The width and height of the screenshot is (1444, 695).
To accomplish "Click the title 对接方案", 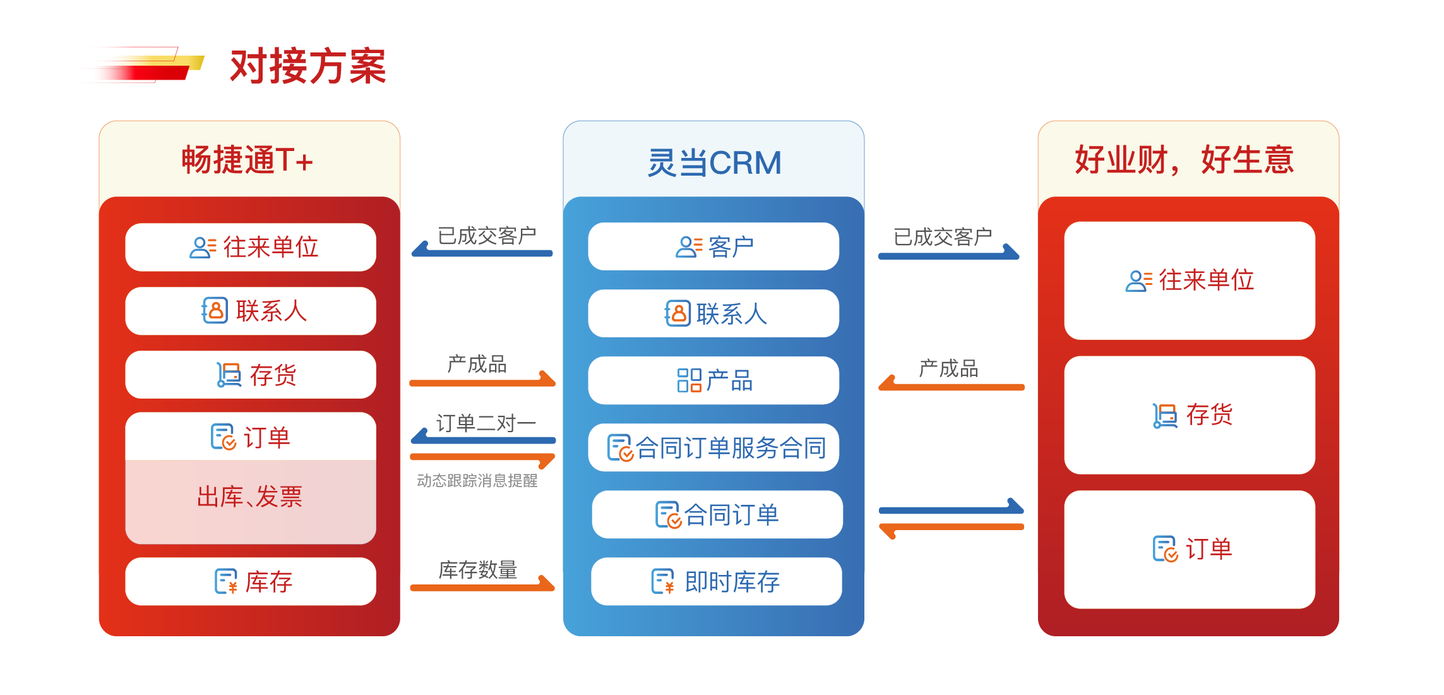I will [x=307, y=66].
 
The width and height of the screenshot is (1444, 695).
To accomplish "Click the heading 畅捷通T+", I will [x=248, y=160].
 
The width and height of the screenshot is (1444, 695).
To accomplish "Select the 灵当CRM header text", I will [x=714, y=163].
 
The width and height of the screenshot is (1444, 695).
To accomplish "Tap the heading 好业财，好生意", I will [x=1184, y=160].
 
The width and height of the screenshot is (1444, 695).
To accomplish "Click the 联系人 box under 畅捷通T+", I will [x=251, y=311].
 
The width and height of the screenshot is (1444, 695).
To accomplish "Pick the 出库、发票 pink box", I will [x=251, y=497].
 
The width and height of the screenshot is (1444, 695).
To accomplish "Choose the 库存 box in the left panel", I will [x=251, y=581].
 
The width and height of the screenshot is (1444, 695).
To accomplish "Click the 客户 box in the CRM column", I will [x=713, y=246].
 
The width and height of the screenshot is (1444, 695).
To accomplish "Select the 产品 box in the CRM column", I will [x=713, y=380].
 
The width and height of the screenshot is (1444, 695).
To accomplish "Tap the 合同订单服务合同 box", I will [x=713, y=447].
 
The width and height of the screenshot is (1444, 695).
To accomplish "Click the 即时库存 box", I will [x=717, y=581].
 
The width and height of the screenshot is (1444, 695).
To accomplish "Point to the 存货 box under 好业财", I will [x=1190, y=415].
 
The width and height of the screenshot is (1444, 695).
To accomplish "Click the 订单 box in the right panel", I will [x=1190, y=549].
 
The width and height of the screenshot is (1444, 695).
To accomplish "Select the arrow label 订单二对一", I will [x=486, y=423].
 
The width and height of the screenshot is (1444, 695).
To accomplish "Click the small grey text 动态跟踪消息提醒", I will [x=477, y=481].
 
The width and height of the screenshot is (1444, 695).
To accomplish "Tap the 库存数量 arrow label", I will [x=478, y=569].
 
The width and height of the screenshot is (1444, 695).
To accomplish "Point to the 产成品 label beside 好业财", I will [x=948, y=368].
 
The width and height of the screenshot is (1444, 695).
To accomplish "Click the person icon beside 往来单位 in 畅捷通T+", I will [x=203, y=247].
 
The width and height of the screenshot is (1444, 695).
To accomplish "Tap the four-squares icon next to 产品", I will [x=689, y=380].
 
